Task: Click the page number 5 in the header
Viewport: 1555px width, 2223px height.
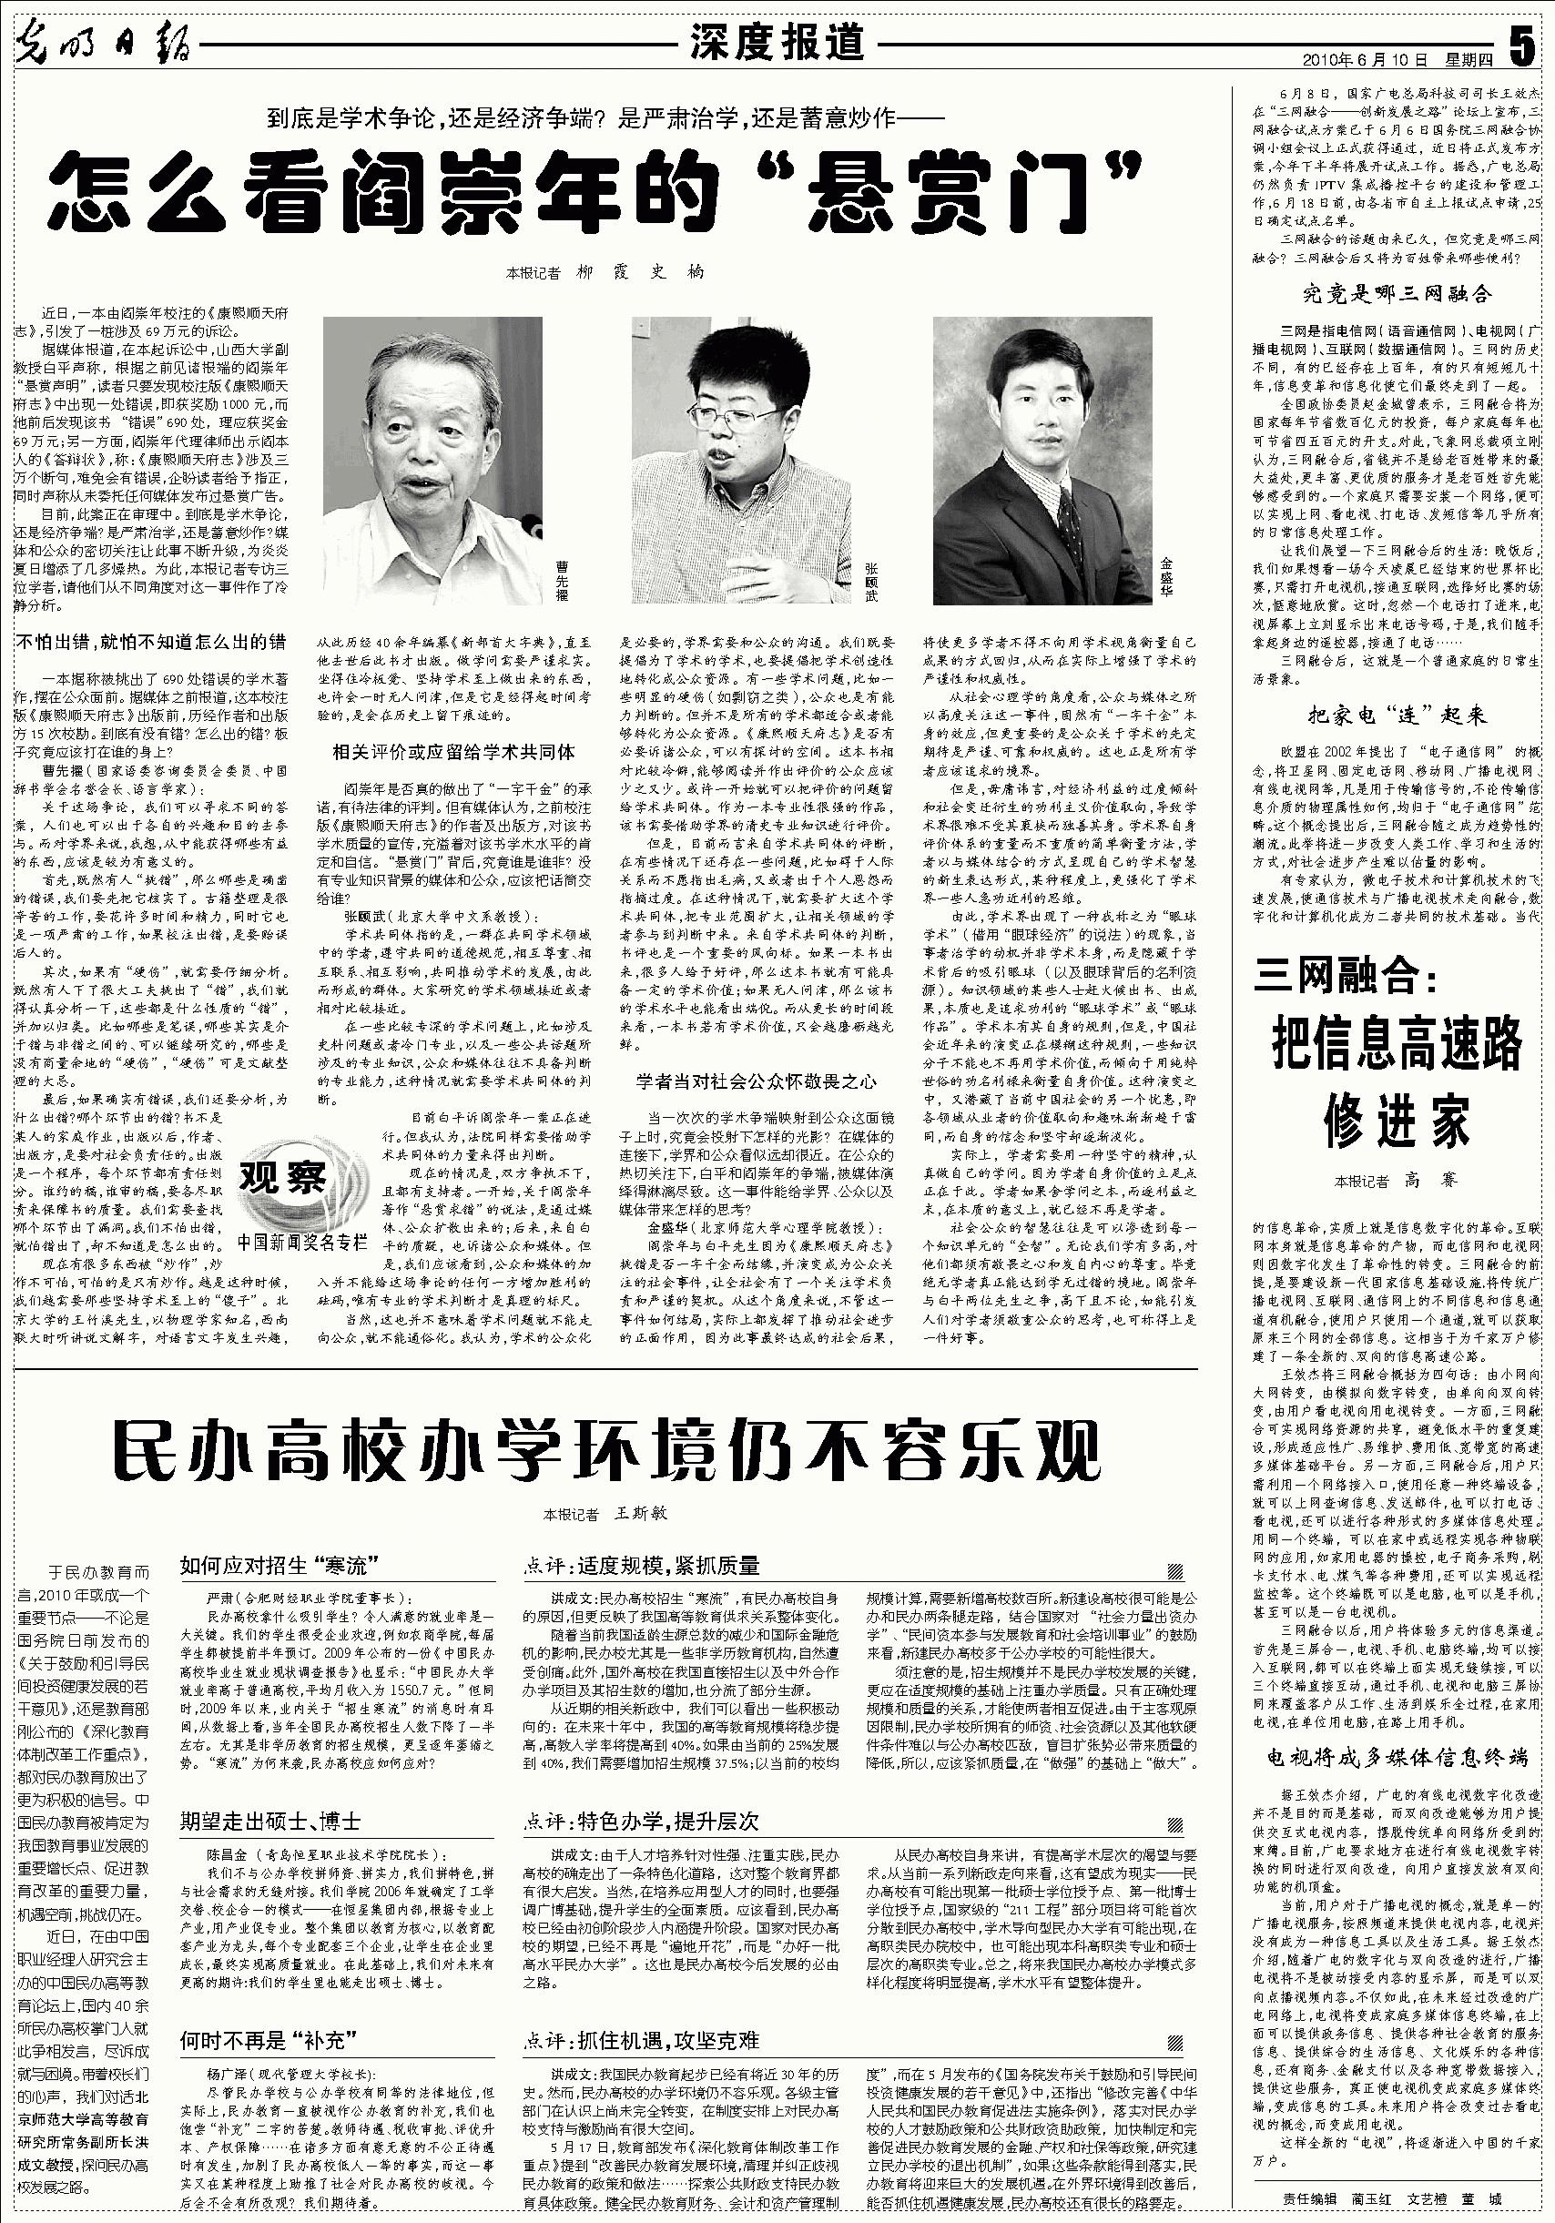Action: coord(1523,44)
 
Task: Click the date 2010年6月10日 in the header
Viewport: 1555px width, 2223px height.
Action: coord(1366,60)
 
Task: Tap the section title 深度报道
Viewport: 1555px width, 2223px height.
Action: coord(776,43)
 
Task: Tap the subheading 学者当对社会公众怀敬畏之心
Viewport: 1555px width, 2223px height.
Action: coord(756,1081)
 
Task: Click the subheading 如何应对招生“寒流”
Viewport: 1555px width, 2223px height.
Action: coord(278,1564)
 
